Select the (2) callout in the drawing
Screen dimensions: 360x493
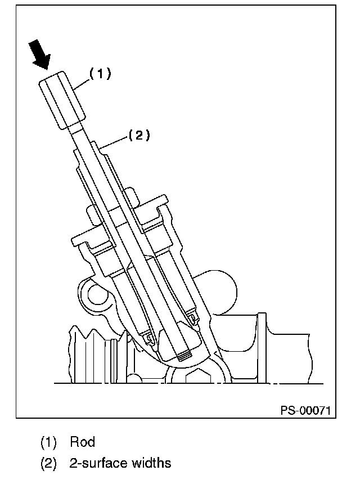139,135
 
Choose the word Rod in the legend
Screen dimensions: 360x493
82,441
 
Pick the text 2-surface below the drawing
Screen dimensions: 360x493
93,463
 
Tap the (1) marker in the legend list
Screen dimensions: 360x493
48,441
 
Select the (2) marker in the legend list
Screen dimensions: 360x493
48,463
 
